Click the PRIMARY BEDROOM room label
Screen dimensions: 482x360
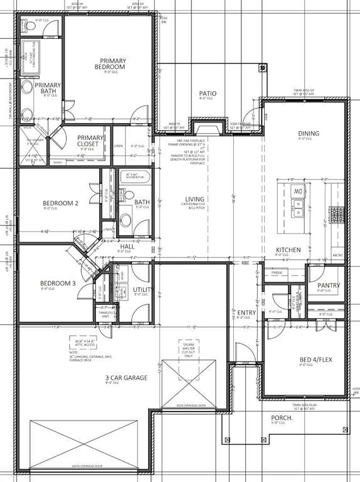pos(110,64)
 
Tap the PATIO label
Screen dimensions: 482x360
pos(208,94)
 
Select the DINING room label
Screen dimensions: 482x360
pos(309,134)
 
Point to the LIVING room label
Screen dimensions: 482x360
pos(194,200)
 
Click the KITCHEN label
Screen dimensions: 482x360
pos(288,250)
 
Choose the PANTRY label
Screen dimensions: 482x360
pos(329,286)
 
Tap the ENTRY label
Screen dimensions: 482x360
pos(246,313)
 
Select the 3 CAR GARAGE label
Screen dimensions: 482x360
pos(126,378)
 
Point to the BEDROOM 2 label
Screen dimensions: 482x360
pos(60,203)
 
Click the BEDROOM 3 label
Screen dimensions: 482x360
pos(58,283)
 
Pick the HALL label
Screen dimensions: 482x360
pos(127,247)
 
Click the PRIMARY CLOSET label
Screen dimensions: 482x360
pos(90,141)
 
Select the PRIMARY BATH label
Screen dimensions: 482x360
pos(48,88)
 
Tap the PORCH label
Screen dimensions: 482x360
pos(282,418)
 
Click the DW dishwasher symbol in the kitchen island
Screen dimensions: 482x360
pos(299,191)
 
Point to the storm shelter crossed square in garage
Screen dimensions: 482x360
pos(188,384)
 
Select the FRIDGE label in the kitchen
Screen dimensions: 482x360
pos(277,273)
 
